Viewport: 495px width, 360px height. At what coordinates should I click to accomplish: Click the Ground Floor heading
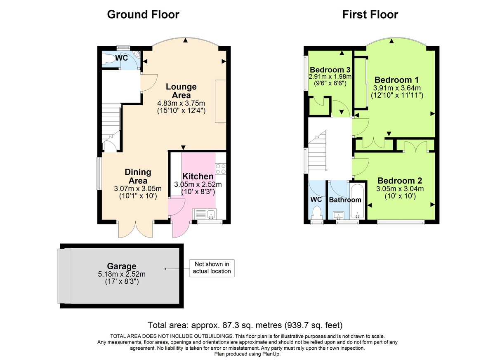tap(143, 15)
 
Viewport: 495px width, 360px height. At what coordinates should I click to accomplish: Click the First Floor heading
tap(370, 15)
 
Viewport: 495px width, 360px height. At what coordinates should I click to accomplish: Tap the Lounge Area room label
tap(181, 91)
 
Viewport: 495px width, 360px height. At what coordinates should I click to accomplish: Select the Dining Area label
tap(138, 176)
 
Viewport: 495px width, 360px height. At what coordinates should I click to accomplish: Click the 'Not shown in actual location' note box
tap(212, 268)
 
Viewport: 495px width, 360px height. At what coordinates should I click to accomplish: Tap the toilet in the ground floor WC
tap(109, 59)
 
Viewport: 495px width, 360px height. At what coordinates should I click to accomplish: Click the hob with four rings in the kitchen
tap(220, 169)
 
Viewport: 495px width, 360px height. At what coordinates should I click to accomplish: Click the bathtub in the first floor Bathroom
tap(357, 201)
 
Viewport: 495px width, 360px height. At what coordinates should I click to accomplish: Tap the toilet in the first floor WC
tap(317, 213)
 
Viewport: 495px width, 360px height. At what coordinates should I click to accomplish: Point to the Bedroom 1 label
tap(393, 80)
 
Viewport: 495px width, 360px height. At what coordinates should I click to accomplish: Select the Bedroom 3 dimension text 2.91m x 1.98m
tap(330, 76)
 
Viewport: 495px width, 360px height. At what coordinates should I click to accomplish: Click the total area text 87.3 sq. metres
tap(245, 325)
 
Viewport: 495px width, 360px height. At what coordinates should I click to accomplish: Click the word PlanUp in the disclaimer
tap(271, 354)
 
